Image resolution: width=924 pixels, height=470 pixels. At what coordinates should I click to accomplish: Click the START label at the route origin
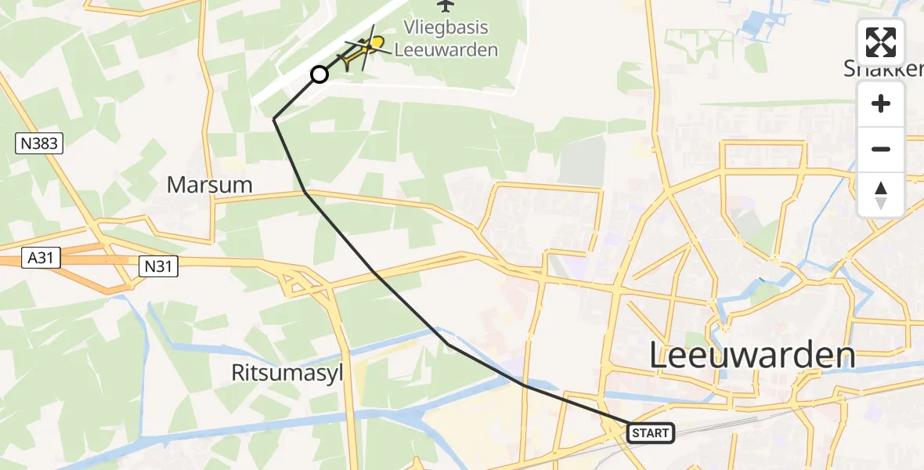[650, 432]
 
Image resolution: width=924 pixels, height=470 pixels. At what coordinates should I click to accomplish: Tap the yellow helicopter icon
[359, 52]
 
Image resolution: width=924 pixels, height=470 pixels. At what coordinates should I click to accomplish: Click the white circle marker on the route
[319, 74]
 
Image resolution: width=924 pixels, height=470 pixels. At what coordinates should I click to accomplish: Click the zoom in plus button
[881, 103]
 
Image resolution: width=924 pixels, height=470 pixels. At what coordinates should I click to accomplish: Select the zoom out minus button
[881, 149]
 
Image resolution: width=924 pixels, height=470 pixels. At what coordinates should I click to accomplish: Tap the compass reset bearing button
[881, 194]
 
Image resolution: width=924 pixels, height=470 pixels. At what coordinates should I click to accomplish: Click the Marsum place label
[210, 185]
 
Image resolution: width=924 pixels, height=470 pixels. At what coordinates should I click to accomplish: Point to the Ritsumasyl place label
[287, 373]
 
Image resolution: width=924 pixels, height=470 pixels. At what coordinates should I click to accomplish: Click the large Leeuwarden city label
[753, 356]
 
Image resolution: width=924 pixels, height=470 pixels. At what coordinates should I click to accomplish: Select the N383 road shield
[38, 143]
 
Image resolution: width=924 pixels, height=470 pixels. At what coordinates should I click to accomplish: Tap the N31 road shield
[157, 266]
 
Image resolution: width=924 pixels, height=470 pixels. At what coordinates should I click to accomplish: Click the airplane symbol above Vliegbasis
[446, 5]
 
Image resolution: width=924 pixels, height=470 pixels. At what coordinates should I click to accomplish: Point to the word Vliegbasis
[446, 28]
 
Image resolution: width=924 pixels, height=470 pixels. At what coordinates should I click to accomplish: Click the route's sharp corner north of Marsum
[274, 119]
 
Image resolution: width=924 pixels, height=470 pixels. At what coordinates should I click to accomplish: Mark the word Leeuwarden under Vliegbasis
[446, 50]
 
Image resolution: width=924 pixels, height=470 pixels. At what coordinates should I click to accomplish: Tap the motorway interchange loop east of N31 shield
[298, 282]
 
